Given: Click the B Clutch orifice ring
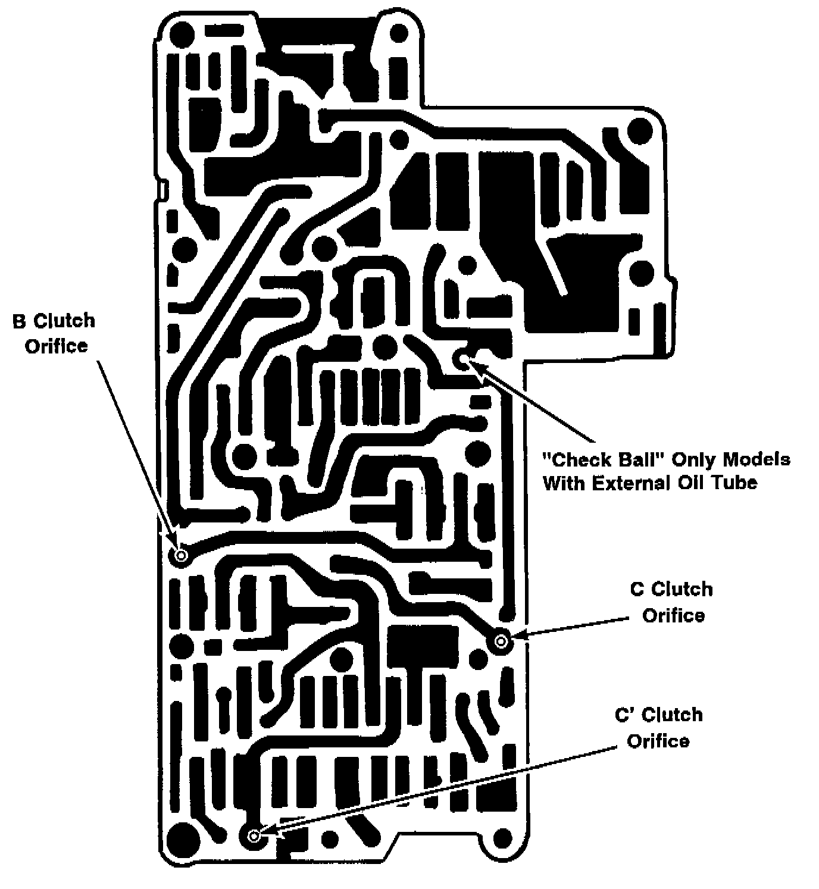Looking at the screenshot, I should [x=181, y=556].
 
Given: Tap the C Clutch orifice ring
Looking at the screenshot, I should [x=501, y=641].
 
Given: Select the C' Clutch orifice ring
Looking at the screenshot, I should [x=255, y=836].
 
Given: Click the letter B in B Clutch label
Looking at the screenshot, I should [x=19, y=322].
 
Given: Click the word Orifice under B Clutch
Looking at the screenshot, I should [x=56, y=346].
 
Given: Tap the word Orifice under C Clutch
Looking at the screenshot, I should [x=673, y=615].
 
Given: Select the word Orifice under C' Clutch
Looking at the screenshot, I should [x=658, y=741].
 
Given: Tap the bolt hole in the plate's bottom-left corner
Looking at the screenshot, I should [x=182, y=840].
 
